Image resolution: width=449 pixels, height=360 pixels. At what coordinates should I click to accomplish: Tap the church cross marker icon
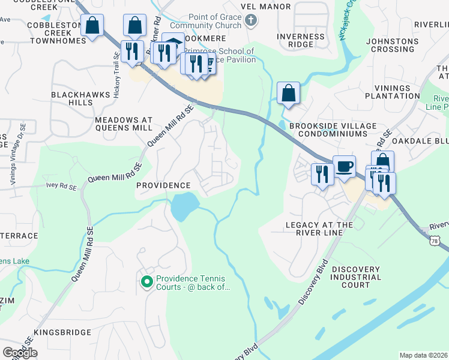(x=252, y=21)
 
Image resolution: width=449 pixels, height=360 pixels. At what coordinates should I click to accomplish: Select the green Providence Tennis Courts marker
(x=146, y=281)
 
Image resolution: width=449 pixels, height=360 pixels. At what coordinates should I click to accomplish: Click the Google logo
(x=20, y=353)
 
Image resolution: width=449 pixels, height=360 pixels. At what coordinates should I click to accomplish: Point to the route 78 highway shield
(x=443, y=240)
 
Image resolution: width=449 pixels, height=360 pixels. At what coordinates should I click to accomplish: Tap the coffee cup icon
(x=344, y=166)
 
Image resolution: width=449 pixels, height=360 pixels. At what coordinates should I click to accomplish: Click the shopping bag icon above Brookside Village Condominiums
(x=288, y=93)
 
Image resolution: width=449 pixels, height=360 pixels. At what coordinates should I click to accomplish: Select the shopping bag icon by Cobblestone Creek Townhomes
(x=92, y=26)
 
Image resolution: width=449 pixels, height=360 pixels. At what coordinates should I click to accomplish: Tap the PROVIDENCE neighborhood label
(x=163, y=185)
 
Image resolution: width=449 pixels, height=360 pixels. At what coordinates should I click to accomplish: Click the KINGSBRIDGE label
(x=62, y=332)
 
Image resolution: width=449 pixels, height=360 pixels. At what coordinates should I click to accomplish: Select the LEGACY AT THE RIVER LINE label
(x=319, y=229)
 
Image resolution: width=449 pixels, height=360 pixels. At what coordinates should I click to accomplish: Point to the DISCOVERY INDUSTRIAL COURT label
(x=355, y=277)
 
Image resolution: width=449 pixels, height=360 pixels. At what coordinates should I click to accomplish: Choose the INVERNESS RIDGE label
(x=301, y=41)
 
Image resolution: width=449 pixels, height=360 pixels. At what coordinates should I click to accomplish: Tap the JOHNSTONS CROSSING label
(x=393, y=46)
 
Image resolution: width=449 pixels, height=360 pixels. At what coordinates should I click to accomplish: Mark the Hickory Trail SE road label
(x=116, y=64)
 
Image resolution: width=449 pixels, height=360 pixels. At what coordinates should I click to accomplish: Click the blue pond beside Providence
(x=184, y=206)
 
